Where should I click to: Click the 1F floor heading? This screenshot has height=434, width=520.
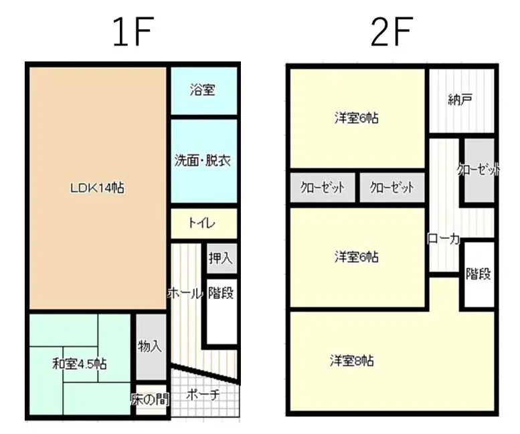coord(133,31)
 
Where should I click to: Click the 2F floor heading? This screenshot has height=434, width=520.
coord(392,31)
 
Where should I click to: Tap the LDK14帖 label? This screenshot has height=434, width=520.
coord(97,188)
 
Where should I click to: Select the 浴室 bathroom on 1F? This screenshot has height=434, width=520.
coord(204,91)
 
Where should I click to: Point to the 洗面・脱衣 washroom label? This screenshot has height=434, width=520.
coord(203,161)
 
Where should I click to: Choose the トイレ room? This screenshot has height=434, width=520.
coord(204,223)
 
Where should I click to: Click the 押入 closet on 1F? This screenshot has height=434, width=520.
coord(222,258)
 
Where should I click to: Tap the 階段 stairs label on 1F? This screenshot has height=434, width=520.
coord(221,293)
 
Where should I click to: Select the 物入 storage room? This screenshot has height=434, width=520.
coord(151,346)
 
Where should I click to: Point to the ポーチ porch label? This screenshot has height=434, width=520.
coord(203,395)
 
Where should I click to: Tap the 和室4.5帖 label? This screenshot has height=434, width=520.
coord(80,364)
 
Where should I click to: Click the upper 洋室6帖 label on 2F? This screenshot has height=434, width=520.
coord(357,118)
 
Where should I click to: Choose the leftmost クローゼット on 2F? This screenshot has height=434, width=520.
coord(323,187)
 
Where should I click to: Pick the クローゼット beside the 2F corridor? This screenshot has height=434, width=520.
coord(479,171)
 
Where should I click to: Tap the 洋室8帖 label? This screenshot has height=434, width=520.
coord(351,360)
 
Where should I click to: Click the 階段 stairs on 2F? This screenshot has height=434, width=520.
coord(479,274)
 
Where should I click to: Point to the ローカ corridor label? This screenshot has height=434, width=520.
coord(444,238)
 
